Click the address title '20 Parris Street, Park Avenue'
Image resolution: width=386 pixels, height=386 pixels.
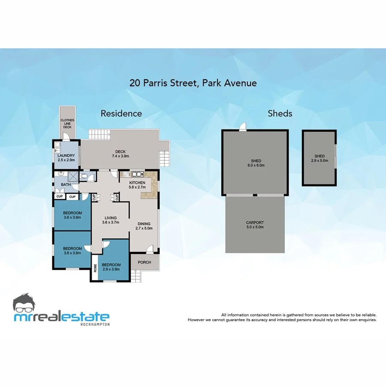click(193, 83)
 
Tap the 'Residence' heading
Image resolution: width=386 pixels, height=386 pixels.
click(121, 114)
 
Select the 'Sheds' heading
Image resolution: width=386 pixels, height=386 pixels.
click(280, 114)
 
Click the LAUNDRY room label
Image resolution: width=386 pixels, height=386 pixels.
click(66, 157)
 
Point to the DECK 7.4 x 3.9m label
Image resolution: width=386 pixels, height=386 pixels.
click(120, 154)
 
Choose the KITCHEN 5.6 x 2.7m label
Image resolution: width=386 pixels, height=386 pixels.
click(138, 185)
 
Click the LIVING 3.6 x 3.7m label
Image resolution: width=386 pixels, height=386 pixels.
click(110, 220)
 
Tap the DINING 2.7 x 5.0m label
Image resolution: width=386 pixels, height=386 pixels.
click(144, 226)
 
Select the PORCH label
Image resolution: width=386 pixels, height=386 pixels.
click(145, 262)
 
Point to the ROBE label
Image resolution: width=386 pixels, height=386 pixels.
click(95, 268)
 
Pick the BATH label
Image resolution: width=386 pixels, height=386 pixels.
click(66, 185)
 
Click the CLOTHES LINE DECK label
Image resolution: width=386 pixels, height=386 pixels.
click(67, 124)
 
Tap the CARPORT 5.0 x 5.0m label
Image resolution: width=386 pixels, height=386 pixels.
click(255, 225)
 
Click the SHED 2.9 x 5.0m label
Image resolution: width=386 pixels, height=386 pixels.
click(320, 158)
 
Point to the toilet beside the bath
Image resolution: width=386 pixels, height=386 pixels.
click(85, 176)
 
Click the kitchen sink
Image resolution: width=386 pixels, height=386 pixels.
click(137, 174)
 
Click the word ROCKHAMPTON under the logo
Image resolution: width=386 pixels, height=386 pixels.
click(95, 324)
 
